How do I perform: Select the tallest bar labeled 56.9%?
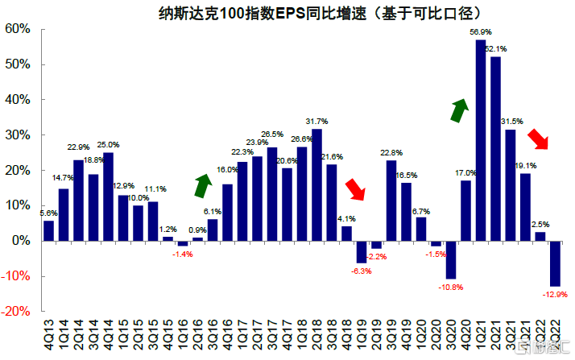point(481,140)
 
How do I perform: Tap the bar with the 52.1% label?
point(496,149)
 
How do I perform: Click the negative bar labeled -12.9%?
point(554,263)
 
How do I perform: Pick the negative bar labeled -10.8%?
point(451,259)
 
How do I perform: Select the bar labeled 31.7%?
point(316,185)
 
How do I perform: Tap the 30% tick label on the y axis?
point(18,135)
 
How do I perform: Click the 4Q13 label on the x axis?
point(49,332)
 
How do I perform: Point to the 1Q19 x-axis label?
point(362,332)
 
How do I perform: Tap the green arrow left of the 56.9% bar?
point(460,110)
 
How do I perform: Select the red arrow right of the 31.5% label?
point(538,138)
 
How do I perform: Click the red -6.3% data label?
point(361,271)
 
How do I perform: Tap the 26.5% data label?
point(272,134)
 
